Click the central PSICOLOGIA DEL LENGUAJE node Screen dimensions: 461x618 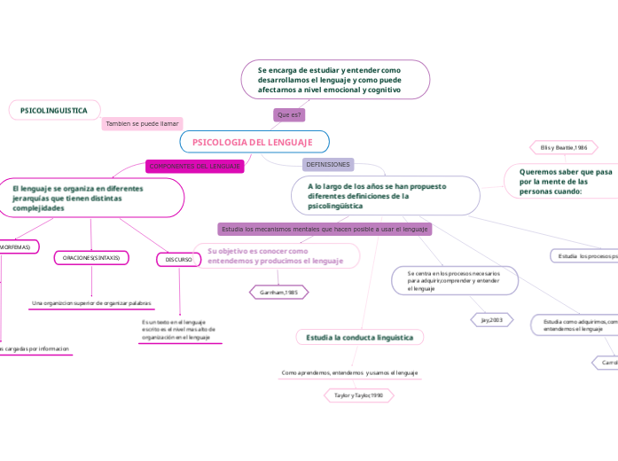pos(254,142)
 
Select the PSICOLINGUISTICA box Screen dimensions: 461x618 pos(54,111)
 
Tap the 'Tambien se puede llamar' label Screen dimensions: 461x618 pos(142,124)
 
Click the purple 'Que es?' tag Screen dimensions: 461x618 pos(289,115)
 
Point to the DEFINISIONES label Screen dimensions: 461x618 pos(327,165)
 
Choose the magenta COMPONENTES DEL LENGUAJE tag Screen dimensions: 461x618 pos(194,166)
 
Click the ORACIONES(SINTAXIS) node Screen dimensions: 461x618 pos(92,258)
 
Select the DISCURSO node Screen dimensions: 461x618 pos(179,259)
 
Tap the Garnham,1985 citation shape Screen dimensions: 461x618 pos(278,291)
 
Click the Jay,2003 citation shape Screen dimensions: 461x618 pos(491,319)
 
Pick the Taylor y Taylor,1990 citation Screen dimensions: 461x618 pos(353,395)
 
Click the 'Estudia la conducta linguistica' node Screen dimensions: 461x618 pos(360,338)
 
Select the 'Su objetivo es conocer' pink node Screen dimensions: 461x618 pos(276,256)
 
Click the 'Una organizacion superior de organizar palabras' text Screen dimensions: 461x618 pos(91,302)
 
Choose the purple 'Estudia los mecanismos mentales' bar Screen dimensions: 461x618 pos(325,229)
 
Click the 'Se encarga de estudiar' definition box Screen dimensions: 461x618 pos(335,79)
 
